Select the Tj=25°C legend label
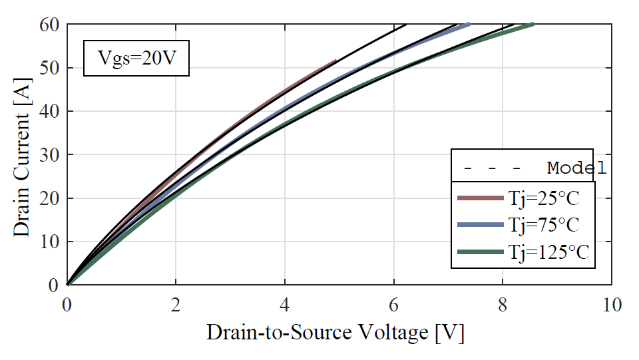click(542, 198)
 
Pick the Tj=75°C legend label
click(542, 225)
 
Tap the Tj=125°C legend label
click(547, 252)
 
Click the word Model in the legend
click(576, 168)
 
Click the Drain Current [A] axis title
click(21, 155)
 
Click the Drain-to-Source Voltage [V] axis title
click(335, 333)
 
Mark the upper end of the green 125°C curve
click(532, 25)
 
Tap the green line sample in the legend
click(479, 252)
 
